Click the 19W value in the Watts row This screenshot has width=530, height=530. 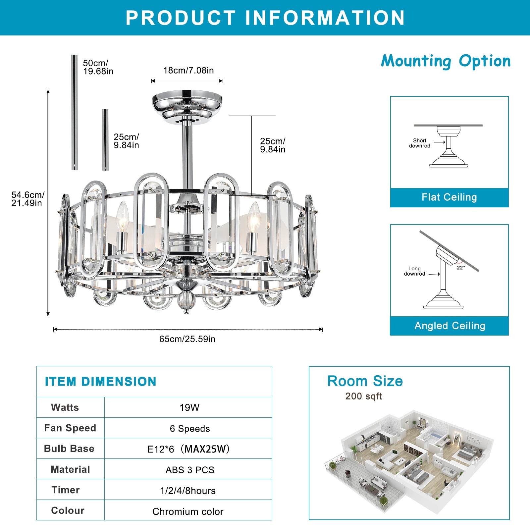coord(189,407)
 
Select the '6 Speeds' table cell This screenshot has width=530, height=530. coord(190,429)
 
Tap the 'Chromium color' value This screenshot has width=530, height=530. coord(188,511)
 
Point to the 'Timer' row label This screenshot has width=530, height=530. coord(66,490)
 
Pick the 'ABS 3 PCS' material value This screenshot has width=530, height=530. coord(190,470)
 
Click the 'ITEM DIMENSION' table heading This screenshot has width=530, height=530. coord(101,382)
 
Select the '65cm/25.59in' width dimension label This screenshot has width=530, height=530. coord(187,339)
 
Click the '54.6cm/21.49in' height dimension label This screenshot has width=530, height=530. coord(27,199)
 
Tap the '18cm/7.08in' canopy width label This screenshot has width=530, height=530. coord(188,70)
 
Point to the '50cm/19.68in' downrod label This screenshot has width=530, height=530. coord(98,67)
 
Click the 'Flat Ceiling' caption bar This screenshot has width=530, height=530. coord(449,197)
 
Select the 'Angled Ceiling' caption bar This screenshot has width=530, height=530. coord(450,326)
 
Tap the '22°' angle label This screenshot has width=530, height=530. coord(461,268)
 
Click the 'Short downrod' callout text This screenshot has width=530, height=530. coord(420,143)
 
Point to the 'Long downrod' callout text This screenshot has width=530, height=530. coord(414,271)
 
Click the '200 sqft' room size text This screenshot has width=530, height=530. coord(363,396)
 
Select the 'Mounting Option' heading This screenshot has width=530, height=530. coord(446,61)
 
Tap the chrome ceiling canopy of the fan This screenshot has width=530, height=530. coord(187,103)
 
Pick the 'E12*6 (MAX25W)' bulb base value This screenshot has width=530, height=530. coord(188,449)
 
